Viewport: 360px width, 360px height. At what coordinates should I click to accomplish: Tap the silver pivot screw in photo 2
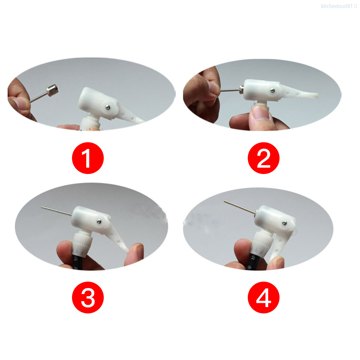273,91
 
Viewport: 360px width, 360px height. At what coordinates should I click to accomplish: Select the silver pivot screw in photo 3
100,221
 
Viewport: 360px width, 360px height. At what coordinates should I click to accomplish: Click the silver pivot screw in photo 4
284,222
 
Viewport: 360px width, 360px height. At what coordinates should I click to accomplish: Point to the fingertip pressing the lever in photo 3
136,253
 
